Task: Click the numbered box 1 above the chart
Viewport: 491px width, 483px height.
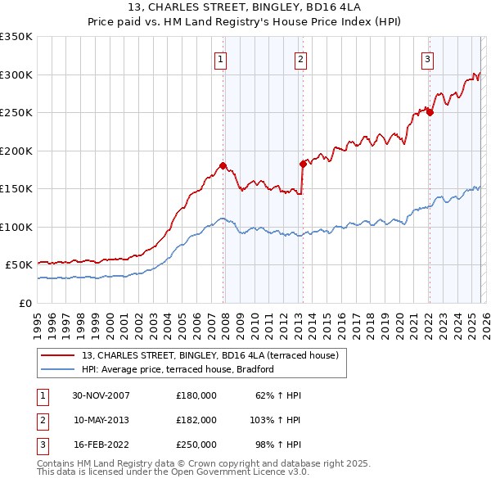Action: (x=222, y=58)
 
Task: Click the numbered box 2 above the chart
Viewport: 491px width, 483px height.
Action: (x=300, y=58)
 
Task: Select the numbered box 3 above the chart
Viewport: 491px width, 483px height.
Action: (x=427, y=58)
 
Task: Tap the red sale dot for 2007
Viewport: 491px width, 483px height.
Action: (x=223, y=165)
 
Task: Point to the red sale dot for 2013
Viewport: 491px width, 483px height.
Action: (x=302, y=164)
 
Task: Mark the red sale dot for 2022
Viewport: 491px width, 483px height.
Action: (x=430, y=112)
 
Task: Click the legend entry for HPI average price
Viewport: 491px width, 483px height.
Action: (x=177, y=369)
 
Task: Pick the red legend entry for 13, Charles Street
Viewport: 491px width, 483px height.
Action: (x=204, y=354)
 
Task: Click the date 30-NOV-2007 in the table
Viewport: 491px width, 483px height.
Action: (x=101, y=395)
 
